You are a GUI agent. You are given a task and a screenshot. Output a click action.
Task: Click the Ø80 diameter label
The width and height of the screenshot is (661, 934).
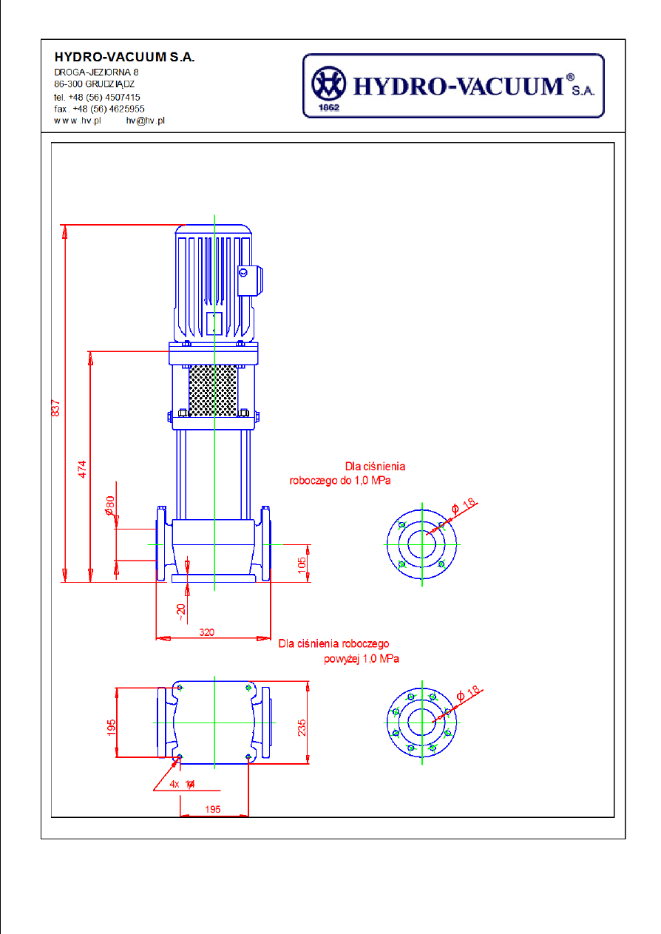pos(109,506)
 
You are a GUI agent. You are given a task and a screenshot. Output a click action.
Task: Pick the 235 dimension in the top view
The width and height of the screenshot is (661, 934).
pos(301,728)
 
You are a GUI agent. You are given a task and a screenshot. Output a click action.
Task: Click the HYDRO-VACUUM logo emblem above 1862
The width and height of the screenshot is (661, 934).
pos(329,84)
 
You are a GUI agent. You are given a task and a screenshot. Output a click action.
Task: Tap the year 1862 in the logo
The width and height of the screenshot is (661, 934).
pos(328,106)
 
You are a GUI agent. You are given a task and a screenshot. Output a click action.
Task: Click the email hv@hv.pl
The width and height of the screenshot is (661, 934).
pos(145,120)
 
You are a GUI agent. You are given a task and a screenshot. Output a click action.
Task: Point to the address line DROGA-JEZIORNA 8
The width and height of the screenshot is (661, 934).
pos(96,72)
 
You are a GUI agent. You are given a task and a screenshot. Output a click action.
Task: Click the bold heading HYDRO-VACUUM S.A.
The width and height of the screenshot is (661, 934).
pos(124,58)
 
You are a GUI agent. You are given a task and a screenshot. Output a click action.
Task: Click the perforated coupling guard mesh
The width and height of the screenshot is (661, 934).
pos(213,389)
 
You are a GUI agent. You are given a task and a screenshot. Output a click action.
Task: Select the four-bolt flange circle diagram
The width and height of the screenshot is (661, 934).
pos(421,544)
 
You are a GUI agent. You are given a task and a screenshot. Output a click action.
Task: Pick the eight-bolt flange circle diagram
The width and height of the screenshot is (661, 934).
pos(421,723)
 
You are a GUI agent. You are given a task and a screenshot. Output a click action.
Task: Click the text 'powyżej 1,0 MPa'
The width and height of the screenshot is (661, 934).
pos(361,658)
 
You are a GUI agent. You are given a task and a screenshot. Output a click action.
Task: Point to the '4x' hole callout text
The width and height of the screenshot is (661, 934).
pos(174,784)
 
